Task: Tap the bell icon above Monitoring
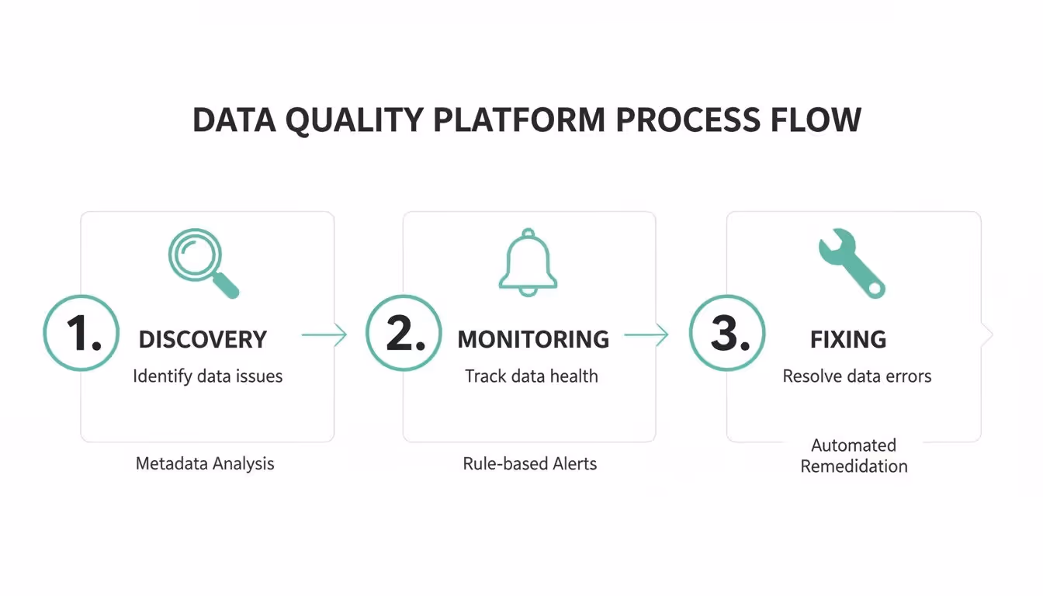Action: tap(528, 262)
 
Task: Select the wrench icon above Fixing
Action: tap(851, 264)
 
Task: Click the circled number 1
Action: tap(81, 333)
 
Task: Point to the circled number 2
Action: tap(404, 333)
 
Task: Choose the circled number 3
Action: tap(727, 333)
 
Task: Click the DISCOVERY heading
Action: tap(203, 339)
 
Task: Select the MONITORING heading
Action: tap(533, 339)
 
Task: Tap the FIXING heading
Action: tap(848, 339)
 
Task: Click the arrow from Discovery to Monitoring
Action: tap(324, 334)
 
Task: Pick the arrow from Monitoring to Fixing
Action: tap(646, 334)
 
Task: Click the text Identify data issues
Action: tap(208, 376)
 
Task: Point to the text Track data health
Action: tap(532, 376)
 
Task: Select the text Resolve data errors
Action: tap(857, 376)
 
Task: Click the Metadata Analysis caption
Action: tap(205, 463)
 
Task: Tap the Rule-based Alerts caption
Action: tap(530, 463)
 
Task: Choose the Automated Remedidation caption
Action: tap(854, 456)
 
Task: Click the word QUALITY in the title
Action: tap(354, 120)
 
